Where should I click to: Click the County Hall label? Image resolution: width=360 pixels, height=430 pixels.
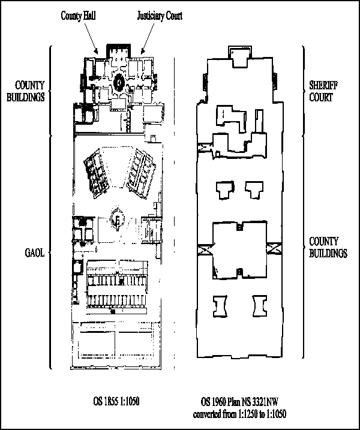click(78, 16)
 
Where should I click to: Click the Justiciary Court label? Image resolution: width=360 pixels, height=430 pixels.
click(160, 16)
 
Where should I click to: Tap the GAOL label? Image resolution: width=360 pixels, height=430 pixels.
click(35, 252)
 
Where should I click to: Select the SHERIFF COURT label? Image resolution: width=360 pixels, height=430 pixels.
click(323, 91)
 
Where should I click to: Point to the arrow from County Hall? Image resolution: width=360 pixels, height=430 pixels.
click(91, 38)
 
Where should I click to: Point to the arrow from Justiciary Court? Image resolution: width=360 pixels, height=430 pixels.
click(148, 38)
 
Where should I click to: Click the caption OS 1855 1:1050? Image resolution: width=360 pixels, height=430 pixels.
click(116, 401)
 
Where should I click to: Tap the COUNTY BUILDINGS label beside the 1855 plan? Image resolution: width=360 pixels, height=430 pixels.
click(26, 91)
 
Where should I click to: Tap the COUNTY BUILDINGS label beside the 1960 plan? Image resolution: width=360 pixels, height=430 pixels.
click(328, 247)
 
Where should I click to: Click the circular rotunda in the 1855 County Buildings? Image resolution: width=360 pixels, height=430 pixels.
click(119, 82)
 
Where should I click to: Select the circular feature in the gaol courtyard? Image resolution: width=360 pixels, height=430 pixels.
click(117, 219)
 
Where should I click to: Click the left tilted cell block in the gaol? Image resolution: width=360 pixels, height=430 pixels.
click(96, 173)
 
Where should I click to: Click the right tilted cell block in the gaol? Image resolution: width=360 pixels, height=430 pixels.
click(141, 173)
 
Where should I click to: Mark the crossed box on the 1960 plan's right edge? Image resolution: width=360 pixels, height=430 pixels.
click(274, 249)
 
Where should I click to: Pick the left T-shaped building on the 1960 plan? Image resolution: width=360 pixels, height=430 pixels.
click(225, 190)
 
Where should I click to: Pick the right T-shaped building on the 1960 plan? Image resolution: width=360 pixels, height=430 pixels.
click(254, 190)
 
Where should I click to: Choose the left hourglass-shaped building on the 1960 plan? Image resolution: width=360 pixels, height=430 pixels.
click(220, 306)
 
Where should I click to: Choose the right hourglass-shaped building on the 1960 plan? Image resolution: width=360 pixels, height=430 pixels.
click(260, 306)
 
